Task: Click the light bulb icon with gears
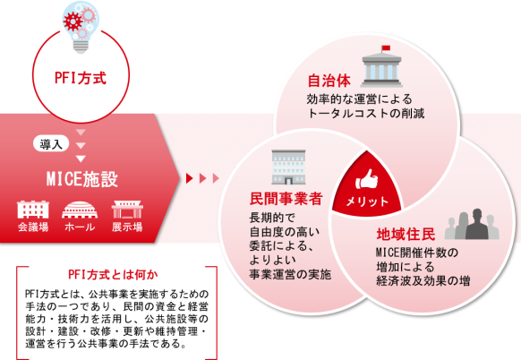coord(81,27)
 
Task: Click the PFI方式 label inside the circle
coord(81,78)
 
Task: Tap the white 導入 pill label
coord(51,144)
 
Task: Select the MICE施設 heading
coord(81,179)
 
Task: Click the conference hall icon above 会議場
coord(33,209)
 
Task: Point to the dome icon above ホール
coord(80,210)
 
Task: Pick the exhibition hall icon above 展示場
coord(127,209)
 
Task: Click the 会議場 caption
coord(33,227)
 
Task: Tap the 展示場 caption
coord(127,227)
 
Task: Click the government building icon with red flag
coord(381,66)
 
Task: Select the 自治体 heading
coord(329,81)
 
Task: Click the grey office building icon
coord(288,167)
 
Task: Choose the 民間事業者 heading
coord(286,199)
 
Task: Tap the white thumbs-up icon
coord(366,179)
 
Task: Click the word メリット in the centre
coord(367,201)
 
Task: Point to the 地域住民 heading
coord(406,235)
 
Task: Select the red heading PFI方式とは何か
coord(113,275)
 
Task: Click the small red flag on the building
coord(386,47)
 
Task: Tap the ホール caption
coord(80,227)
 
